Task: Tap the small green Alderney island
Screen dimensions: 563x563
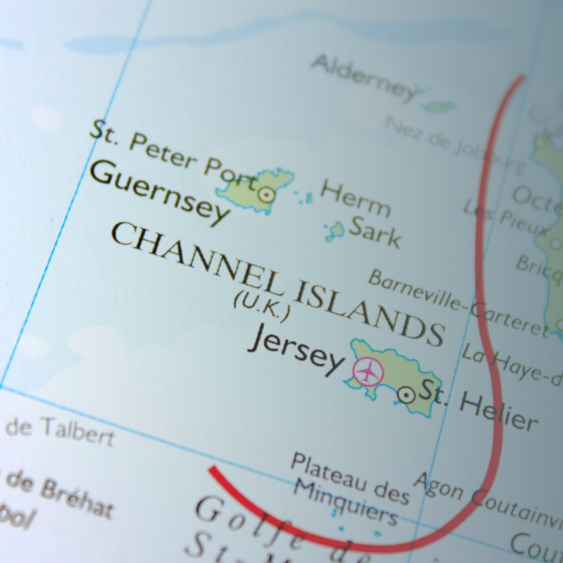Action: pyautogui.click(x=440, y=106)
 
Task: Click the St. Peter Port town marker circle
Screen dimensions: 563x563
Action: pyautogui.click(x=266, y=194)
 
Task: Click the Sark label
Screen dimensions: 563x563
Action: pyautogui.click(x=375, y=232)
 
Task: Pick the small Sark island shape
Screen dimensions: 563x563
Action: pyautogui.click(x=336, y=231)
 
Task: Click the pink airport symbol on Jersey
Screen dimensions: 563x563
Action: pyautogui.click(x=368, y=372)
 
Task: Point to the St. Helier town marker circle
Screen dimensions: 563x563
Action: pyautogui.click(x=406, y=395)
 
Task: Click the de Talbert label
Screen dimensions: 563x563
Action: pyautogui.click(x=59, y=430)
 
